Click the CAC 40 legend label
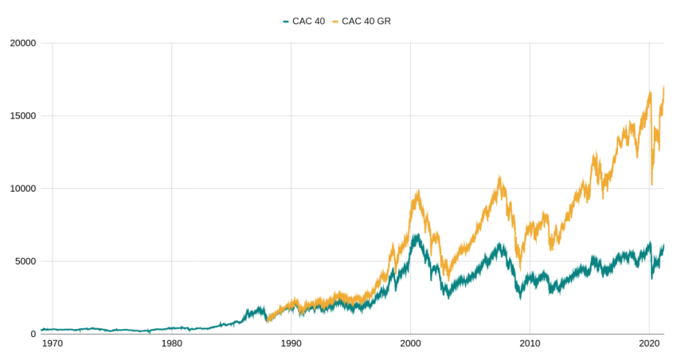[x=308, y=21]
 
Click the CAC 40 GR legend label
[x=366, y=21]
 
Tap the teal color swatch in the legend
[x=286, y=22]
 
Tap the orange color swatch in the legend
[x=335, y=22]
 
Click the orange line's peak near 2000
[x=418, y=191]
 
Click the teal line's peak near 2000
[x=416, y=235]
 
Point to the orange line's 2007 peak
[x=499, y=177]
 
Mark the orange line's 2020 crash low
[x=652, y=185]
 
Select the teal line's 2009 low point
[x=520, y=298]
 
